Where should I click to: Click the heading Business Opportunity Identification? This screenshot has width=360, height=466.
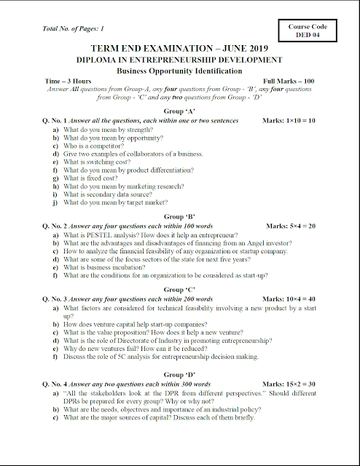click(x=179, y=71)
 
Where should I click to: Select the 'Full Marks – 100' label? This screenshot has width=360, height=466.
click(x=289, y=82)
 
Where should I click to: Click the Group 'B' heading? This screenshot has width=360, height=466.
click(x=179, y=216)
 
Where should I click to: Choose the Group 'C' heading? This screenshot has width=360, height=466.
click(x=179, y=289)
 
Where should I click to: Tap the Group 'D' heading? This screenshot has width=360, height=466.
click(x=179, y=374)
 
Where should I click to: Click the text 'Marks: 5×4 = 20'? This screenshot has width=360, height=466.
click(x=291, y=226)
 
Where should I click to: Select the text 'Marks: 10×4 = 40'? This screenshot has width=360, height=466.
click(x=289, y=299)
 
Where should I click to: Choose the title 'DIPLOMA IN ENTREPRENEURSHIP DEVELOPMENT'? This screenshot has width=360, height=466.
click(x=179, y=60)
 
